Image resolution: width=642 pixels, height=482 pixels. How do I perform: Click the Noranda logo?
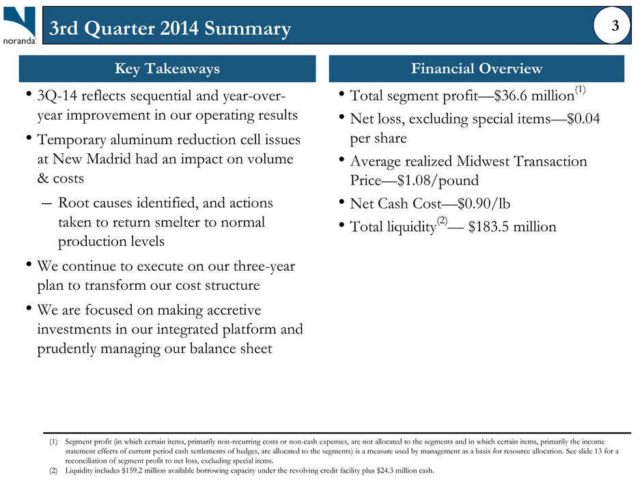click(20, 25)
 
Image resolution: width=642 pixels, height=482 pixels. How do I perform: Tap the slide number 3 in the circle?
click(615, 26)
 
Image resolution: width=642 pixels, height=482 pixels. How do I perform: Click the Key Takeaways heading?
click(167, 68)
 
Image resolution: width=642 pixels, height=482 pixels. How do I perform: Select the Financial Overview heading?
click(477, 68)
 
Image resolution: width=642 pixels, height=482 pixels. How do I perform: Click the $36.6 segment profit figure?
click(511, 96)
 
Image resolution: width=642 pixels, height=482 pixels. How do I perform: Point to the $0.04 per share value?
click(583, 119)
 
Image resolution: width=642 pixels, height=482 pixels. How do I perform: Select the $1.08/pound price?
click(438, 180)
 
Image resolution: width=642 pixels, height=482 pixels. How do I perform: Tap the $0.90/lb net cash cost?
click(484, 204)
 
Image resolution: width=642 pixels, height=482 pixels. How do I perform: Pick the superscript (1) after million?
click(580, 89)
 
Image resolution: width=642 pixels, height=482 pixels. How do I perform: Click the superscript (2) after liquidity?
click(442, 221)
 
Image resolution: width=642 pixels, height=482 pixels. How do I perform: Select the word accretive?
click(234, 310)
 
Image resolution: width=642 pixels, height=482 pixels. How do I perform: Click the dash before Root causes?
click(46, 203)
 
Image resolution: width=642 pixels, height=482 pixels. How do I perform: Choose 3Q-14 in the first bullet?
click(57, 96)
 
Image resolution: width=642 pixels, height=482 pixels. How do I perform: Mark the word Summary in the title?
click(248, 28)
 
